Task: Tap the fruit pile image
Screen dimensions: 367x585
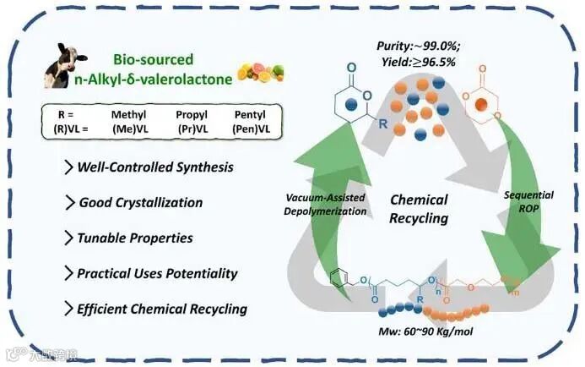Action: click(251, 71)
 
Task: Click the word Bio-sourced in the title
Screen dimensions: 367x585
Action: click(153, 59)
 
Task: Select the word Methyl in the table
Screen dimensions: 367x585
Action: click(130, 114)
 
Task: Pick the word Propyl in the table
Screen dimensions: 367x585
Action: click(192, 114)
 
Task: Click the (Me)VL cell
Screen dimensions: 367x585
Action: click(131, 129)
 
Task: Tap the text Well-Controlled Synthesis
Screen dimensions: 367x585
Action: click(154, 167)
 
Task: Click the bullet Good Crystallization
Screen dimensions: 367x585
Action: click(140, 202)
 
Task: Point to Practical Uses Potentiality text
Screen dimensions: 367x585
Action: click(157, 273)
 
